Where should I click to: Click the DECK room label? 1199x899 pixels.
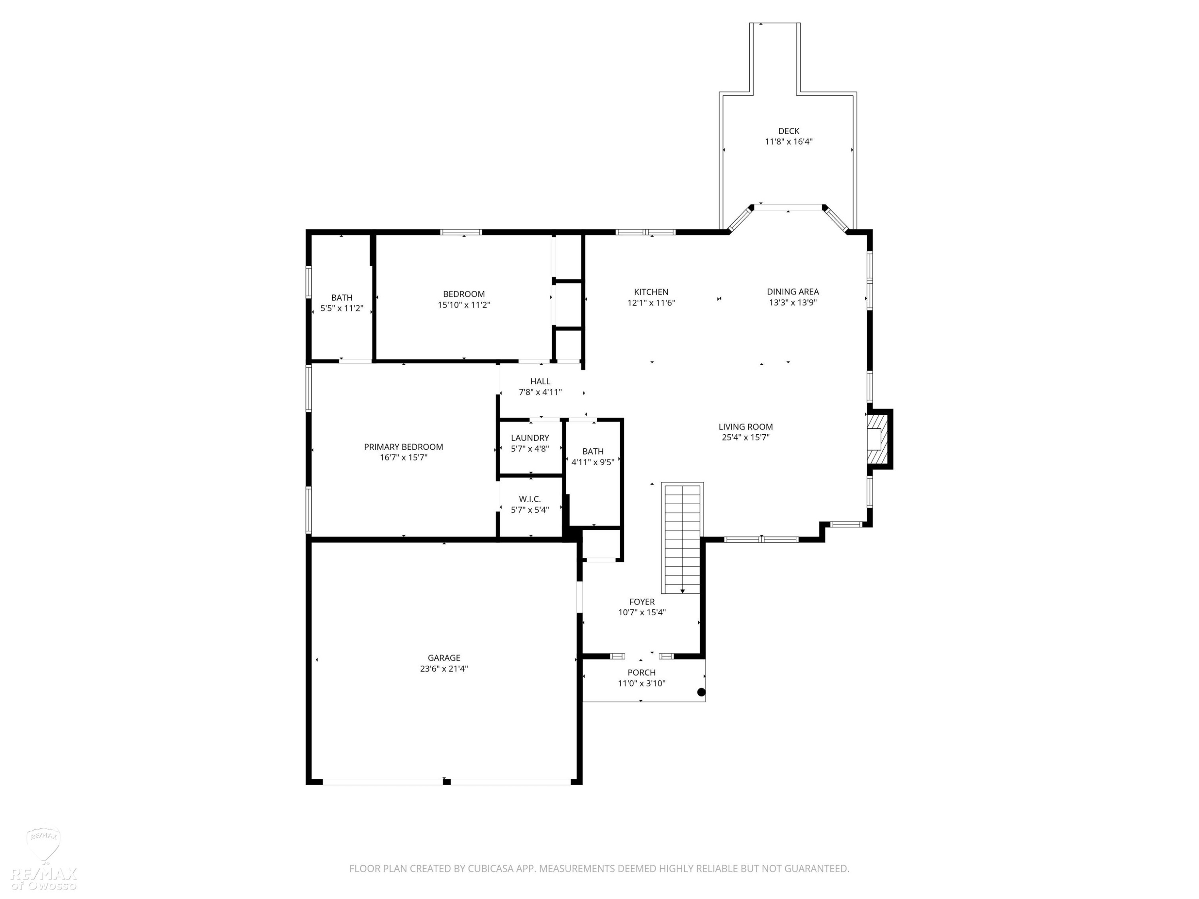click(x=789, y=131)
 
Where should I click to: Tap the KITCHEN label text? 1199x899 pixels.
click(x=651, y=292)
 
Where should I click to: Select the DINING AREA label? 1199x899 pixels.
click(x=793, y=292)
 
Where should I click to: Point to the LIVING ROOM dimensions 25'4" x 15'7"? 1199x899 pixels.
click(x=745, y=437)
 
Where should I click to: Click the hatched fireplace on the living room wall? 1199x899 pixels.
click(x=878, y=439)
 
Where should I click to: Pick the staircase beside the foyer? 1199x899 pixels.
click(x=682, y=538)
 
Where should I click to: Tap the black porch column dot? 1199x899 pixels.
click(x=701, y=692)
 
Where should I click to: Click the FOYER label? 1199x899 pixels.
click(x=642, y=602)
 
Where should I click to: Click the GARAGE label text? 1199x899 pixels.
click(x=444, y=658)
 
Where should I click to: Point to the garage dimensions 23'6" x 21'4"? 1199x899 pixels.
click(x=444, y=669)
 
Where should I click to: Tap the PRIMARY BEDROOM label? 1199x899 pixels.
click(x=403, y=447)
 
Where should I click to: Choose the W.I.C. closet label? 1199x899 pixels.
click(x=530, y=499)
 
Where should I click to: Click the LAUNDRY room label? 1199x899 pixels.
click(x=530, y=438)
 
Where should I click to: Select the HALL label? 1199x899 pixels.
click(x=540, y=382)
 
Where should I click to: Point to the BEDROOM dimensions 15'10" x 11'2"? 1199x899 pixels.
click(x=464, y=305)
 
